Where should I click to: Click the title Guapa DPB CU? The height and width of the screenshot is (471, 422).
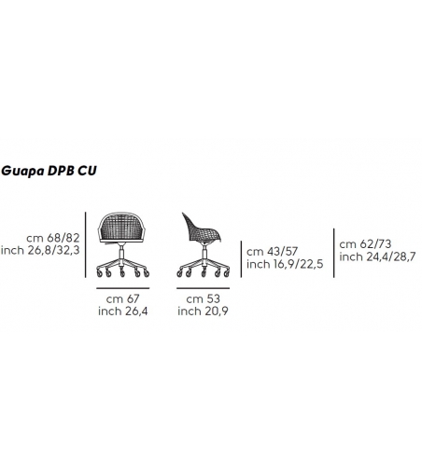49,171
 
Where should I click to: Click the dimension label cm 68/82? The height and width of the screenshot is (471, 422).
53,238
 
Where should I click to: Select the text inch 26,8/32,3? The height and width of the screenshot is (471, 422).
40,251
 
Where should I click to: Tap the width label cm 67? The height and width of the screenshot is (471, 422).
122,299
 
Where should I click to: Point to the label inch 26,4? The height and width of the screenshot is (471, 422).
123,312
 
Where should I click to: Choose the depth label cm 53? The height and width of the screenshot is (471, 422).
203,299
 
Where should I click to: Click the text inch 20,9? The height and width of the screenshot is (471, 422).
203,312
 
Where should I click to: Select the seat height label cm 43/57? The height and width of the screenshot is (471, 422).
273,252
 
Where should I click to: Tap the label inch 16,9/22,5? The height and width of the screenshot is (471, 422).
285,264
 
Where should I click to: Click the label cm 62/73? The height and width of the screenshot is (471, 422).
365,244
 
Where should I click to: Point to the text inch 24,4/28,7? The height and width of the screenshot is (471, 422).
377,257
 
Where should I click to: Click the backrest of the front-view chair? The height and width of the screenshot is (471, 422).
121,227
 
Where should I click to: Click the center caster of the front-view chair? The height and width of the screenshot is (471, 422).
122,273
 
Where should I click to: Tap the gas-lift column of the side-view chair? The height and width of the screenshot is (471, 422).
204,252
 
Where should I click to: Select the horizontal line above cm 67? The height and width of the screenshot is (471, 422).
122,288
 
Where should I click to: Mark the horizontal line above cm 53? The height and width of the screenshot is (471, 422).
203,288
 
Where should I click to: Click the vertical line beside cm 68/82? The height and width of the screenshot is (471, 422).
86,244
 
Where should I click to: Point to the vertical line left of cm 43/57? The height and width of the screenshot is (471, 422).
241,259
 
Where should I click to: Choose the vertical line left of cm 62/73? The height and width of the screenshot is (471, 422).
334,253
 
